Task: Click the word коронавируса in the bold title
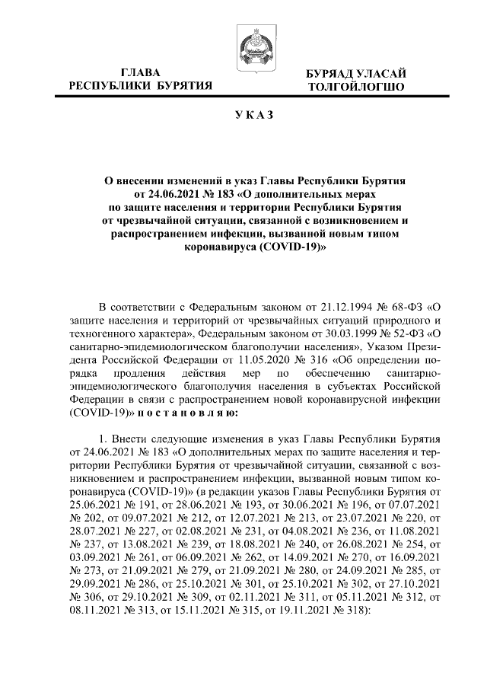coord(219,248)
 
